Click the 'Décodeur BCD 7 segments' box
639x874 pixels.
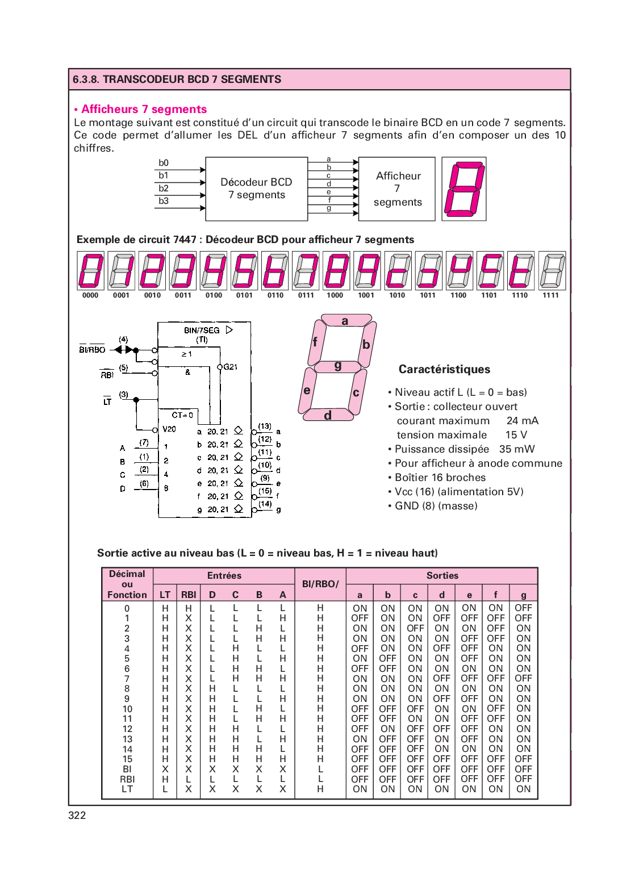256,189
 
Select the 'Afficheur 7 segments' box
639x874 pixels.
397,189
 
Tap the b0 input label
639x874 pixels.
164,163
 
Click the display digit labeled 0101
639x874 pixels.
244,271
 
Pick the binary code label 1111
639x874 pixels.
550,295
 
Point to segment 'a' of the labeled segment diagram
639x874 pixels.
345,321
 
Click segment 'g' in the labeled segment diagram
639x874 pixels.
337,366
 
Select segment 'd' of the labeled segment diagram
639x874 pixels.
328,415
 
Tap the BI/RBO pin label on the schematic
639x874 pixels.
92,350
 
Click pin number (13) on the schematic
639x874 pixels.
265,426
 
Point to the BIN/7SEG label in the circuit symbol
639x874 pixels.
202,330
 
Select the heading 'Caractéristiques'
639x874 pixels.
444,369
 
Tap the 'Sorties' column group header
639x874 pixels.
442,575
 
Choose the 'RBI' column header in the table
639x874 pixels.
189,595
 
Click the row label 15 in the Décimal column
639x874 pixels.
127,759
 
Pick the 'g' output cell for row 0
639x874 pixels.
523,608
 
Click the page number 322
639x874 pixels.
77,816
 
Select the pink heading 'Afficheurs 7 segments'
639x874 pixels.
144,109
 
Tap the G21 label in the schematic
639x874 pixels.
230,367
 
